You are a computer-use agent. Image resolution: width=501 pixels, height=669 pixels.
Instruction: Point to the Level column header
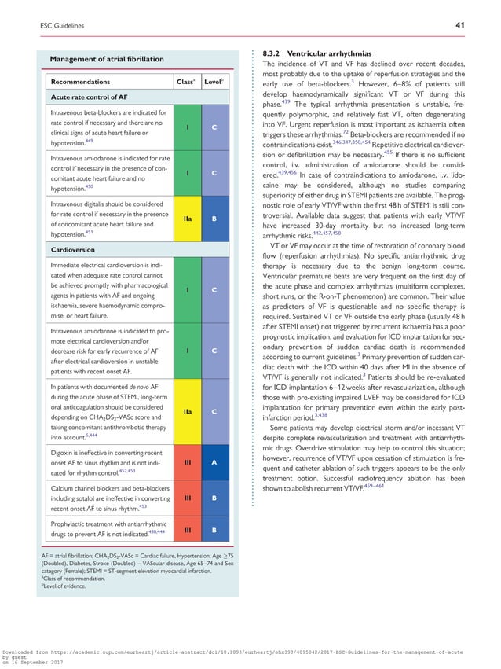tap(214, 81)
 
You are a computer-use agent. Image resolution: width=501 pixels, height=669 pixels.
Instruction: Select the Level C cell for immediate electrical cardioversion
tap(214, 290)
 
